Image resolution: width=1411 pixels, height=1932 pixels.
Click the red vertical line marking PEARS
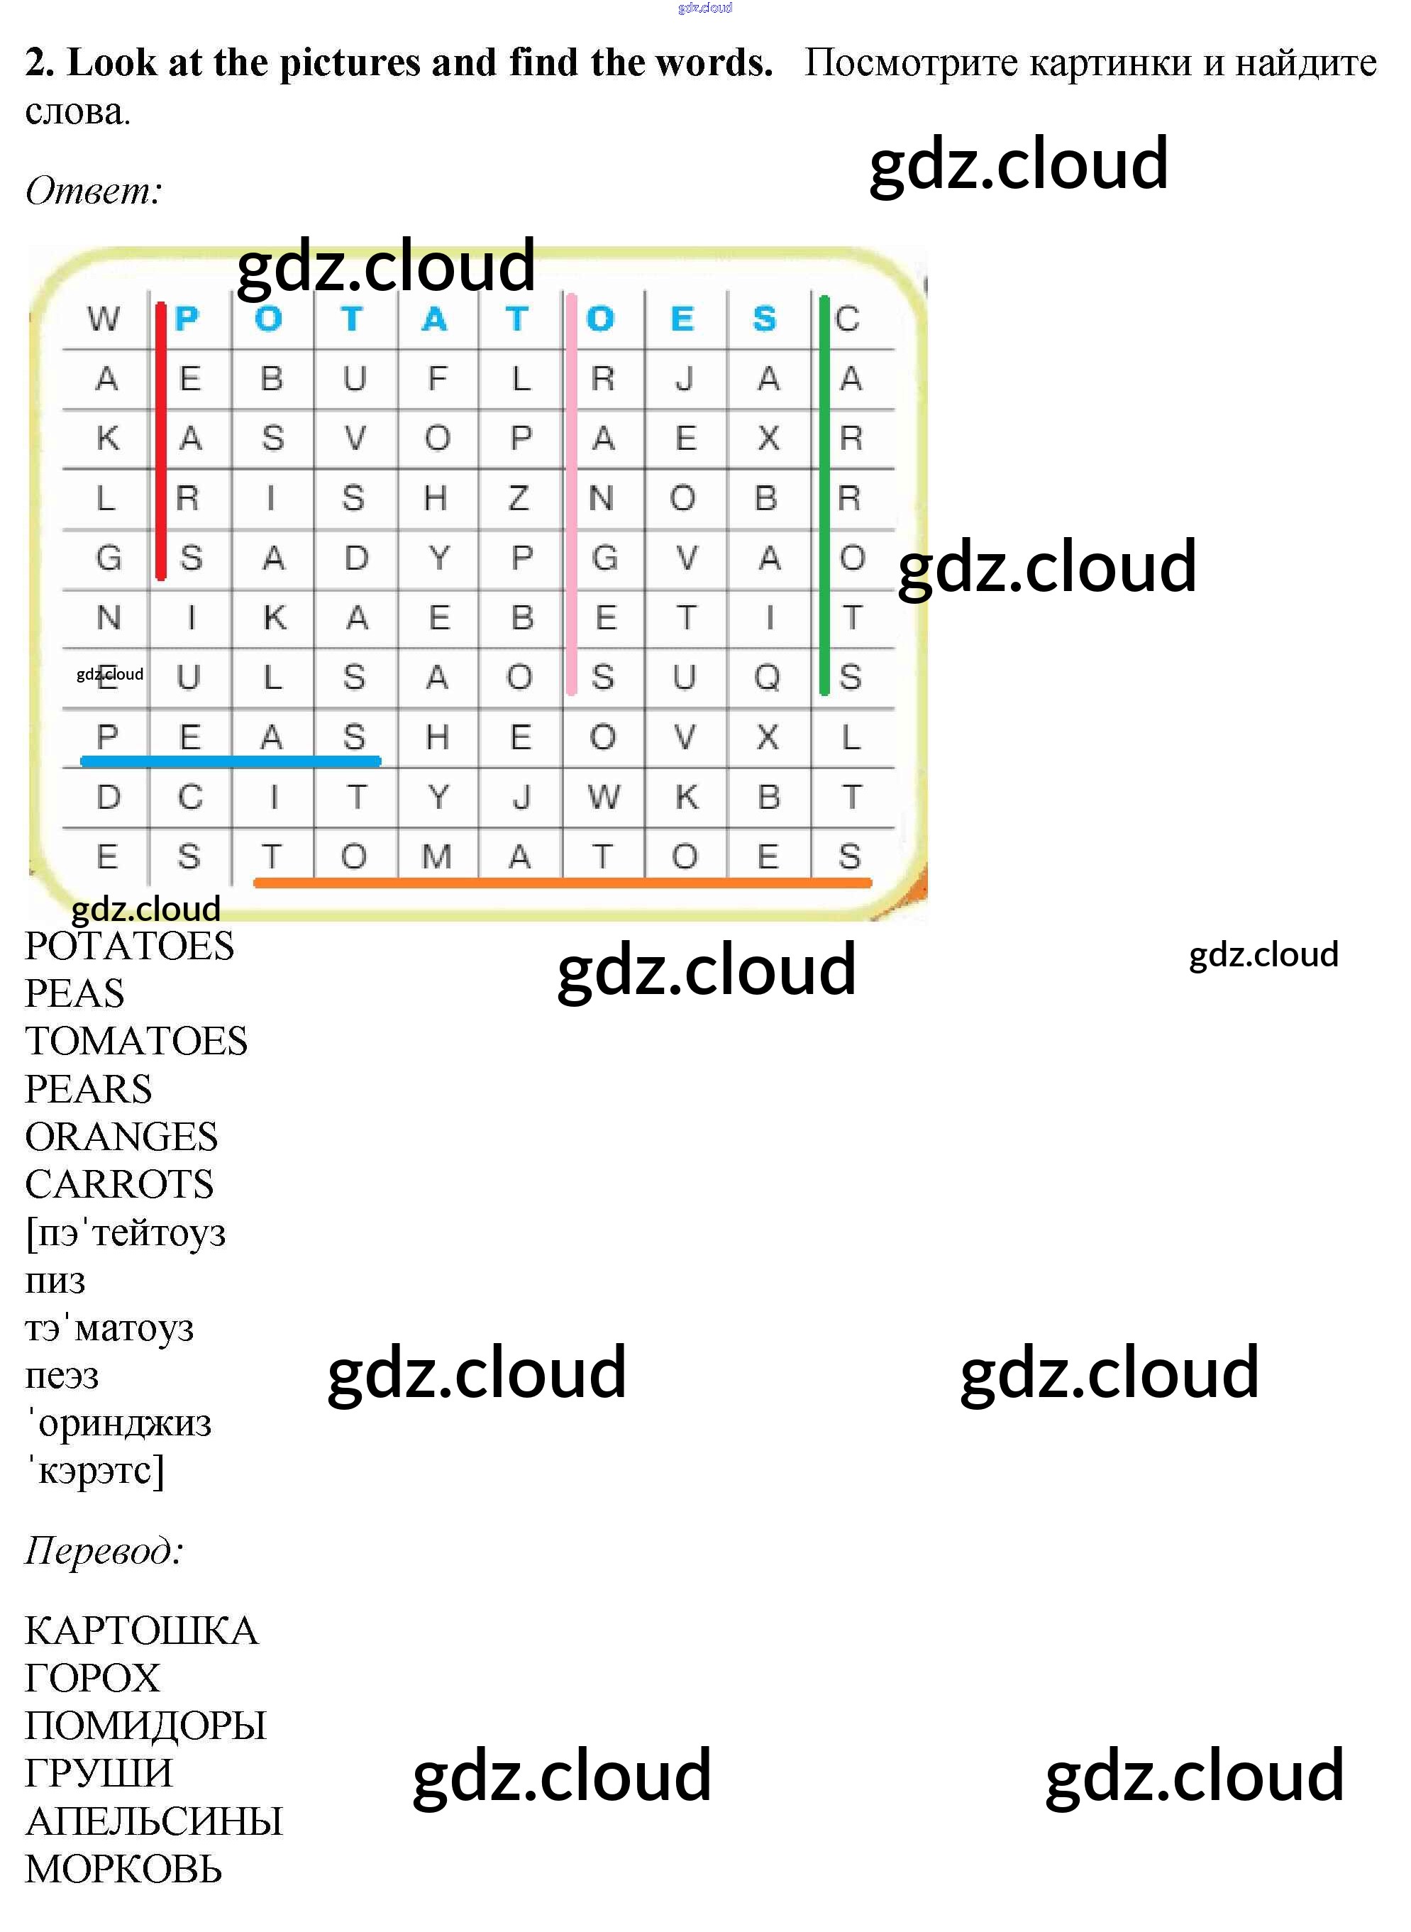pos(160,440)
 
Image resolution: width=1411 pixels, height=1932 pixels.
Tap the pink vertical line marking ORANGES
pos(571,494)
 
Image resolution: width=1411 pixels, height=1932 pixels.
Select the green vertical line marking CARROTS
pos(824,495)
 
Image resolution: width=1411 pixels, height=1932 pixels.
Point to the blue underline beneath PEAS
pos(231,760)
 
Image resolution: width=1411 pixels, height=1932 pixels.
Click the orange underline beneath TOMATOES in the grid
pos(563,883)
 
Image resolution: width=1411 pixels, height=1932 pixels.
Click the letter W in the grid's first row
pos(104,319)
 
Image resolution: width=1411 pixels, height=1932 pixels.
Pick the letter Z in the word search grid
pos(519,497)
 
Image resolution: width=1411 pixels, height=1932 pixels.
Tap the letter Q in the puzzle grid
pos(767,678)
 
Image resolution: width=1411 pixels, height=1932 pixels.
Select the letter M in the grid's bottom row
pos(436,856)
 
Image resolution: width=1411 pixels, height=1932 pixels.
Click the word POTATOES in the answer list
pos(130,946)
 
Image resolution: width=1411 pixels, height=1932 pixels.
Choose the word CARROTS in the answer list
pos(120,1183)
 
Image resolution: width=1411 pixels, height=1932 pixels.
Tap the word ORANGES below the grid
pos(122,1136)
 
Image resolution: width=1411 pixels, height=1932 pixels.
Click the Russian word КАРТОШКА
pos(141,1630)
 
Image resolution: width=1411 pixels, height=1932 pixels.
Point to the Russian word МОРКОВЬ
pos(124,1869)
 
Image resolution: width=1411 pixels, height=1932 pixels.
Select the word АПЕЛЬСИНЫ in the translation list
pos(154,1821)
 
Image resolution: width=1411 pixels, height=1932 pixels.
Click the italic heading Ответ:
pos(94,189)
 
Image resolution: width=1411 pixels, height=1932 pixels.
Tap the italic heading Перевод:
pos(104,1550)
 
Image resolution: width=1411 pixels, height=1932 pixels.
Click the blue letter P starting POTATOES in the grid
pos(186,319)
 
